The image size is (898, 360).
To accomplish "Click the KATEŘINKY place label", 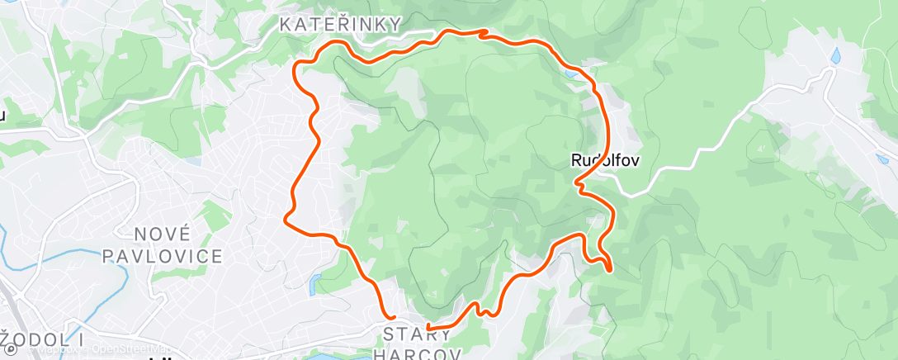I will tap(340, 25).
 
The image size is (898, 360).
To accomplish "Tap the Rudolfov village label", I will tap(605, 160).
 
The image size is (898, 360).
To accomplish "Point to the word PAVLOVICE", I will tap(163, 256).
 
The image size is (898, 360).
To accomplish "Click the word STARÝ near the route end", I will tap(418, 334).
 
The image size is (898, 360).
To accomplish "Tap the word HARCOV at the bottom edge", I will tap(418, 353).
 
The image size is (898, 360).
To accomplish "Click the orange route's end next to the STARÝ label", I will tap(428, 329).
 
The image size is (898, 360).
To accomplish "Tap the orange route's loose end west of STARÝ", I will tap(393, 316).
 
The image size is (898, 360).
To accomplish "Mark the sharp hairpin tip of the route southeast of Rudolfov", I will tap(609, 268).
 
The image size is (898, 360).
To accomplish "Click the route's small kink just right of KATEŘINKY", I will tap(484, 33).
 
